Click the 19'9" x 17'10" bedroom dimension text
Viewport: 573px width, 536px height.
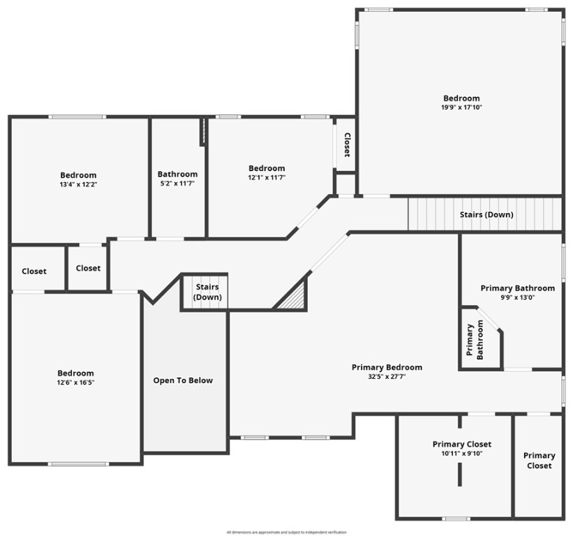pyautogui.click(x=461, y=107)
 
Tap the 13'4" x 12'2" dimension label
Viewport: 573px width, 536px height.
pyautogui.click(x=78, y=185)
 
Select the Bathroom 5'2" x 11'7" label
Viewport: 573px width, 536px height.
pyautogui.click(x=177, y=179)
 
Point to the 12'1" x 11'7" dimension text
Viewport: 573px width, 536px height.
pyautogui.click(x=267, y=178)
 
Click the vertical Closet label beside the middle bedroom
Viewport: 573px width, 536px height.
pyautogui.click(x=346, y=144)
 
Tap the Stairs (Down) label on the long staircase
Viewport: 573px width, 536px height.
pyautogui.click(x=486, y=214)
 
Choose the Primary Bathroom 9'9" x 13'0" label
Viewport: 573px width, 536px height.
pyautogui.click(x=517, y=292)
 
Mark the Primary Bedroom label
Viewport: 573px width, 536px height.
pyautogui.click(x=387, y=367)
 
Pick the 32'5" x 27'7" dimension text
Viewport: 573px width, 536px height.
pyautogui.click(x=387, y=377)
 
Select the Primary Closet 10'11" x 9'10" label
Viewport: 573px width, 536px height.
pyautogui.click(x=461, y=449)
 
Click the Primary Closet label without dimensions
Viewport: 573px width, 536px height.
pyautogui.click(x=539, y=461)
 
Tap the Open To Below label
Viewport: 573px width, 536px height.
pyautogui.click(x=183, y=380)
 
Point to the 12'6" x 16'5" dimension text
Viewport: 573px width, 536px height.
pyautogui.click(x=76, y=382)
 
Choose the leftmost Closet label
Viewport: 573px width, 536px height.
pyautogui.click(x=34, y=271)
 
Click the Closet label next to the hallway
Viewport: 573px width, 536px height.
pyautogui.click(x=88, y=268)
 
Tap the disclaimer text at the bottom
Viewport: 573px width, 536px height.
pyautogui.click(x=286, y=532)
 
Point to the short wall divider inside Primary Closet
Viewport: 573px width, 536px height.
pyautogui.click(x=460, y=475)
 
